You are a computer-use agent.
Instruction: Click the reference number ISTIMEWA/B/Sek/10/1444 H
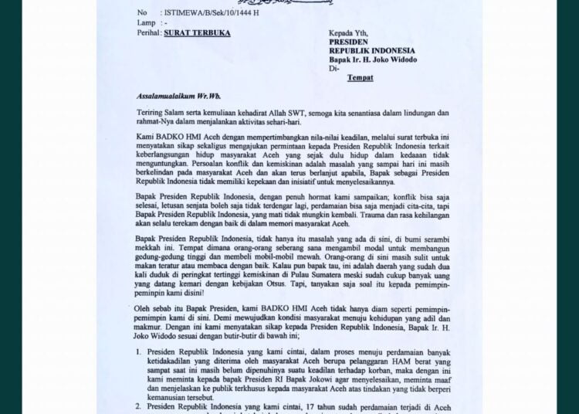pos(211,13)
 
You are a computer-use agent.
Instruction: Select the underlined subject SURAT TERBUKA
pos(193,34)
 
